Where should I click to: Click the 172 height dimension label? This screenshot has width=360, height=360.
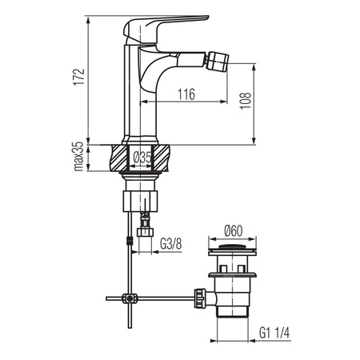pos(79,77)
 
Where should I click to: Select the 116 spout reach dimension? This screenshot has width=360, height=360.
pos(186,94)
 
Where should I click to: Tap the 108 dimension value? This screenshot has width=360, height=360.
pos(246,101)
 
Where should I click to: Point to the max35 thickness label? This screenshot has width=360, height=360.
pos(78,156)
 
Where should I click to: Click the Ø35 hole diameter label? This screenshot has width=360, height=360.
pos(142,158)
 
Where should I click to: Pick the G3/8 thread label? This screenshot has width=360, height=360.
pos(171,243)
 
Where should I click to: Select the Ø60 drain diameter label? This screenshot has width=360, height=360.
pos(234,231)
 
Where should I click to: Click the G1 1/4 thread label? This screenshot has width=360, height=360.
pos(274,333)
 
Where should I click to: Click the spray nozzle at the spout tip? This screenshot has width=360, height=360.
pos(218,60)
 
